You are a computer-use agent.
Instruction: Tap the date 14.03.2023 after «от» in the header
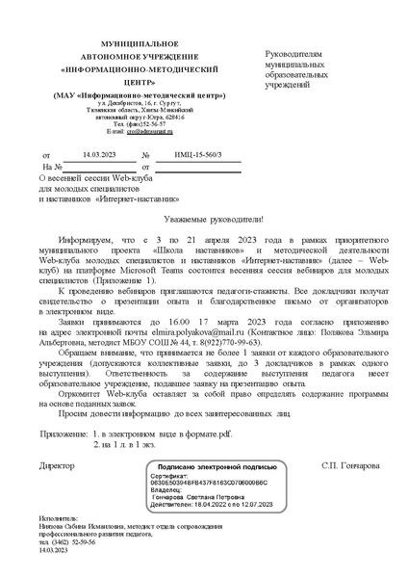[x=97, y=154]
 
